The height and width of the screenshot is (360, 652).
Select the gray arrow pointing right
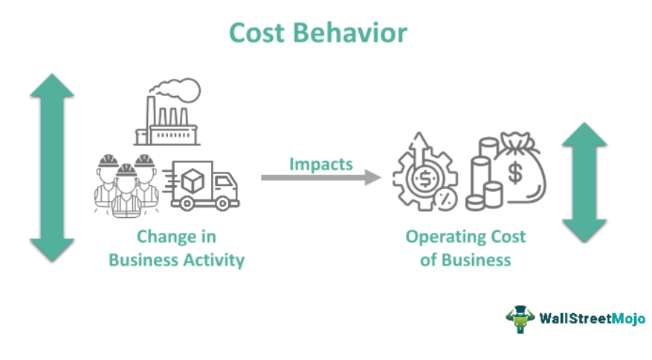(320, 178)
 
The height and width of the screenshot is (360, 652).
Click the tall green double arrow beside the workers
(52, 167)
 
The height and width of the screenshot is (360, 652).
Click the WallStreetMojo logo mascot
(519, 318)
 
